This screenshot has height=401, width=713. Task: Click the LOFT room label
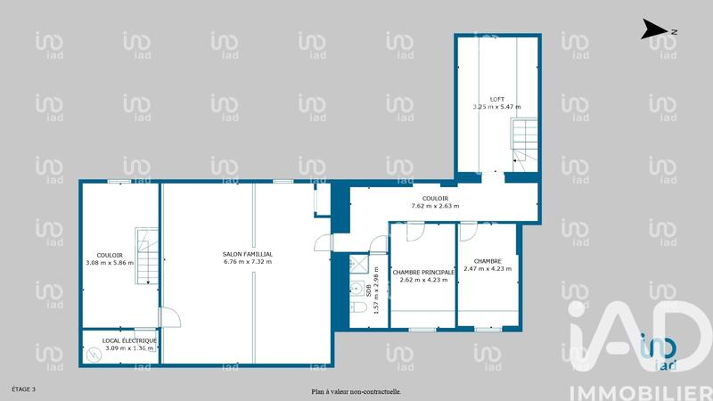coord(496,99)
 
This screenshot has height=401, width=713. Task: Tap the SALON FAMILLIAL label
coord(248,254)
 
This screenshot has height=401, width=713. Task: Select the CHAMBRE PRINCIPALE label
coord(423,272)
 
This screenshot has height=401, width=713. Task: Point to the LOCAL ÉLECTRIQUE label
coord(129,340)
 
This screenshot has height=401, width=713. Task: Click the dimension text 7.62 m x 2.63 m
coord(435,206)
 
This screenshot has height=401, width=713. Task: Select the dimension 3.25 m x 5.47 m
coord(496,107)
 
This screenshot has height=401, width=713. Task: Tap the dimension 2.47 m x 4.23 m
coord(487,268)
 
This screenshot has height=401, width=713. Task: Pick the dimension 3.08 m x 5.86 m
coord(110,263)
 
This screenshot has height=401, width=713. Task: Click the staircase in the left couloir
coord(146,256)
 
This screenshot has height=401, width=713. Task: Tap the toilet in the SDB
coord(357,307)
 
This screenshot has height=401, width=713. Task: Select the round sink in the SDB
coord(356,289)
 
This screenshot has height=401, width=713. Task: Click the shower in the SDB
coord(359,263)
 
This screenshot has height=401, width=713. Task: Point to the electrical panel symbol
coord(94,354)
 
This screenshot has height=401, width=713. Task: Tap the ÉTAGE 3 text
coord(24,389)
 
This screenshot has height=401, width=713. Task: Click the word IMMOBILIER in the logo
coord(641,390)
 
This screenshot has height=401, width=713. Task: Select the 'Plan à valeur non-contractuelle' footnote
coord(356,390)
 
